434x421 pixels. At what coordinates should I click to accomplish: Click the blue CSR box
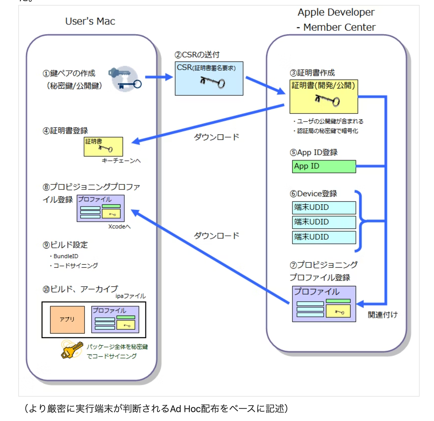(209, 78)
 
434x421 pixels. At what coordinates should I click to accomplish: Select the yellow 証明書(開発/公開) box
(324, 97)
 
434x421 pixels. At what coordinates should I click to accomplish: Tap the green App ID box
(324, 166)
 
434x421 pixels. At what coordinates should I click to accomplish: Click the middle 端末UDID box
(324, 222)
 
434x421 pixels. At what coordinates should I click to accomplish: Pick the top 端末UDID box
(324, 207)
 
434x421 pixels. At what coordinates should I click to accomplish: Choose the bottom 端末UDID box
(324, 237)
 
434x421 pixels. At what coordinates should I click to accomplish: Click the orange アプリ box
(67, 319)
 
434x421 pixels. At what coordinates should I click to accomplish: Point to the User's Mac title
(90, 21)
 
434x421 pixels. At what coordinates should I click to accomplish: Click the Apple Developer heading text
(336, 12)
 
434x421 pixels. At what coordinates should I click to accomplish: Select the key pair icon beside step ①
(125, 79)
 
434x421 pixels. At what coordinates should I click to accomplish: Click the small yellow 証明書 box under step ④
(103, 147)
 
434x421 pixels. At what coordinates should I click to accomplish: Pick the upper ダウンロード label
(216, 137)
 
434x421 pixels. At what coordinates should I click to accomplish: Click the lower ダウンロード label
(216, 236)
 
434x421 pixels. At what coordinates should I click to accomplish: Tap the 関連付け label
(383, 315)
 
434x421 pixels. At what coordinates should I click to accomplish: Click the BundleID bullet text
(66, 256)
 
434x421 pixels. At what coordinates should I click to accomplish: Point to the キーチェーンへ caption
(121, 161)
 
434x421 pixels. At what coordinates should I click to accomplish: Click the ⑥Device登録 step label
(313, 194)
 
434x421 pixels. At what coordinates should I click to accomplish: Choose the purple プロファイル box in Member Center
(324, 304)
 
